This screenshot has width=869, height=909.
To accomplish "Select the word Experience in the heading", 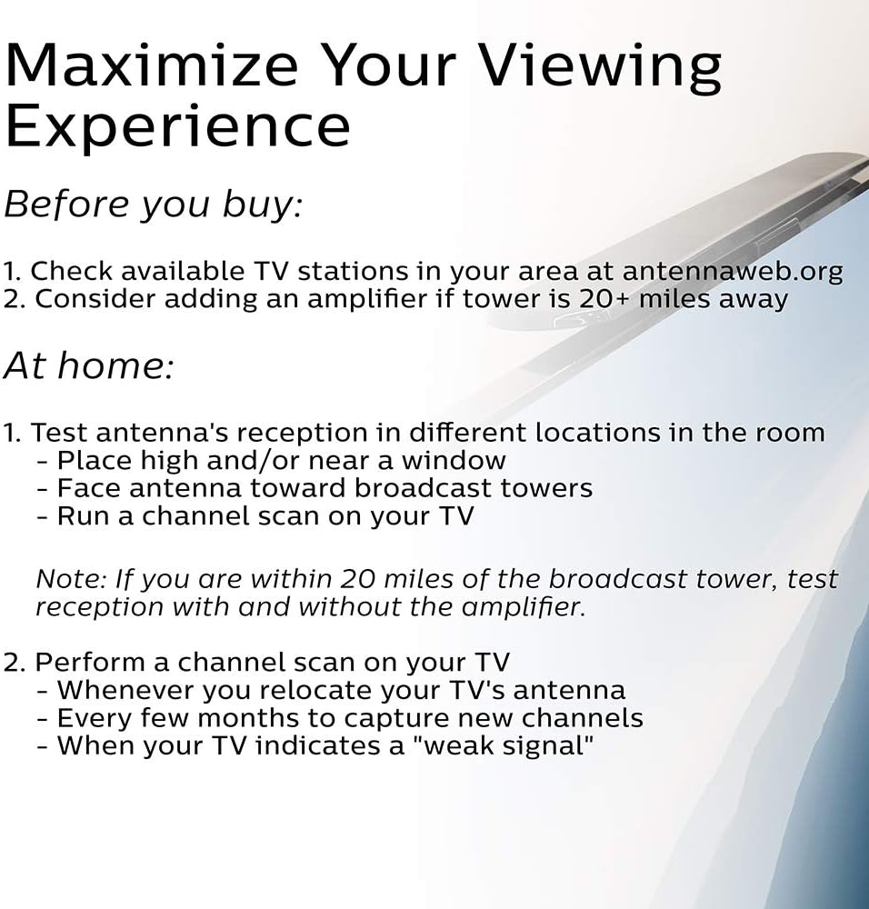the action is click(177, 127).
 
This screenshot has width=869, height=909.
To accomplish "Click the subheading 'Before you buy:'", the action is click(154, 205).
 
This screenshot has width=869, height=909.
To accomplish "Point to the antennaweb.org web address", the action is click(732, 271).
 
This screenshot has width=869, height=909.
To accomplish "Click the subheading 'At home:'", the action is click(89, 365).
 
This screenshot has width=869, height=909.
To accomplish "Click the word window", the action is click(454, 460).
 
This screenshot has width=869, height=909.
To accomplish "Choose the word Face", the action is click(89, 488).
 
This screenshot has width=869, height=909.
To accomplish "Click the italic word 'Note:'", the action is click(71, 578).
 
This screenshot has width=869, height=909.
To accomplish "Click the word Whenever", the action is click(125, 690).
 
